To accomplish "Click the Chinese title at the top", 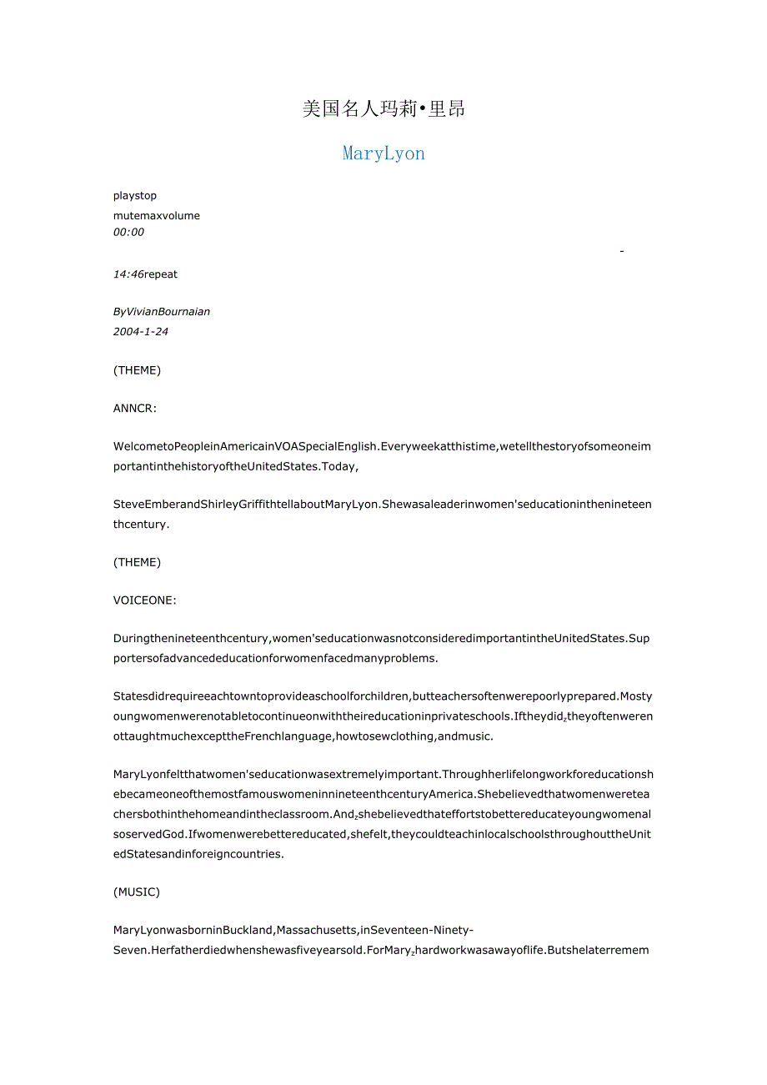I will (x=383, y=109).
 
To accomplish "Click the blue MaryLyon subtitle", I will (x=383, y=153).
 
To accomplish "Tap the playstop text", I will (x=135, y=196).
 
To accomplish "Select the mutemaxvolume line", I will (x=157, y=216).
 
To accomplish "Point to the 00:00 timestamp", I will (x=128, y=233).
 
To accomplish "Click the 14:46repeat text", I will (x=145, y=274).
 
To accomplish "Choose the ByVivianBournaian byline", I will (x=162, y=312).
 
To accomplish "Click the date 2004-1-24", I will (x=141, y=332).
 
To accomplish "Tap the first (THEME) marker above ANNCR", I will (x=137, y=370).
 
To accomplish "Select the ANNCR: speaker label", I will (x=136, y=409).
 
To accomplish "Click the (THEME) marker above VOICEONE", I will (x=137, y=562).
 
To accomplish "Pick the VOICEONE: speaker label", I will (x=145, y=600).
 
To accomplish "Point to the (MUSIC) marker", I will (x=137, y=892).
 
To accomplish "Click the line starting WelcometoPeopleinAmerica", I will (x=382, y=447).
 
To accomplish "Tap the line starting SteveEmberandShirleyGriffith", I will (x=382, y=505).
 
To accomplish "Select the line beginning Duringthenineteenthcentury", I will (x=382, y=639).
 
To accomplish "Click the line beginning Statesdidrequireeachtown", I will (x=382, y=697).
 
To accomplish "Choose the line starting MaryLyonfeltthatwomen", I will (x=382, y=776).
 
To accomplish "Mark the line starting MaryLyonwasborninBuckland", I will (x=293, y=931).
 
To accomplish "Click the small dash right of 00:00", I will (x=623, y=250).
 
